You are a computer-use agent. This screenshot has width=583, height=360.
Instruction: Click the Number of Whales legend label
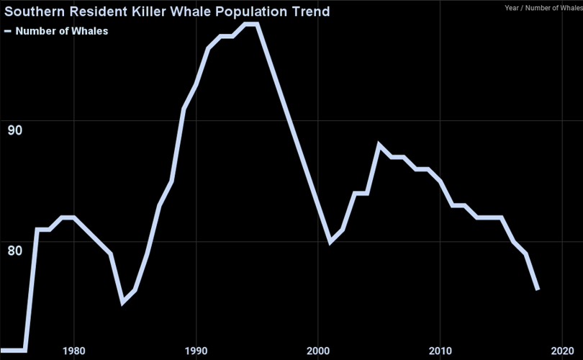tap(62, 31)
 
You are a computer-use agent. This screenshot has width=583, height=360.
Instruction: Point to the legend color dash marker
tap(8, 31)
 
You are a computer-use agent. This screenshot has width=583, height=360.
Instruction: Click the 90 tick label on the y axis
tap(14, 130)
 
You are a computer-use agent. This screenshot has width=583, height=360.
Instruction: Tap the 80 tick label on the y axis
tap(14, 251)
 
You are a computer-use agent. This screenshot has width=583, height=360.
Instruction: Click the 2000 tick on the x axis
tap(318, 351)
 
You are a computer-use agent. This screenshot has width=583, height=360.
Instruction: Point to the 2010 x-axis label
tap(440, 351)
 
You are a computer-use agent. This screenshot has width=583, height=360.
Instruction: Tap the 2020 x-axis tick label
tap(562, 351)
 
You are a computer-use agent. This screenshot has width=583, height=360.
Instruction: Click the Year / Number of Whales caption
tap(543, 8)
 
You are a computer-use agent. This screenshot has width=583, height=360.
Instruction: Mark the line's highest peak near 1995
tap(251, 24)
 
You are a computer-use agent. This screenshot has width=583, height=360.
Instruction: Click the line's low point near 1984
tap(122, 302)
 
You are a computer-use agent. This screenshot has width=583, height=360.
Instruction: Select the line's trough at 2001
tap(330, 242)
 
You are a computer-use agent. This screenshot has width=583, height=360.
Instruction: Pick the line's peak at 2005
tap(379, 145)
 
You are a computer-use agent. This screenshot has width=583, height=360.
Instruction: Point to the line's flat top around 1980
tap(68, 217)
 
